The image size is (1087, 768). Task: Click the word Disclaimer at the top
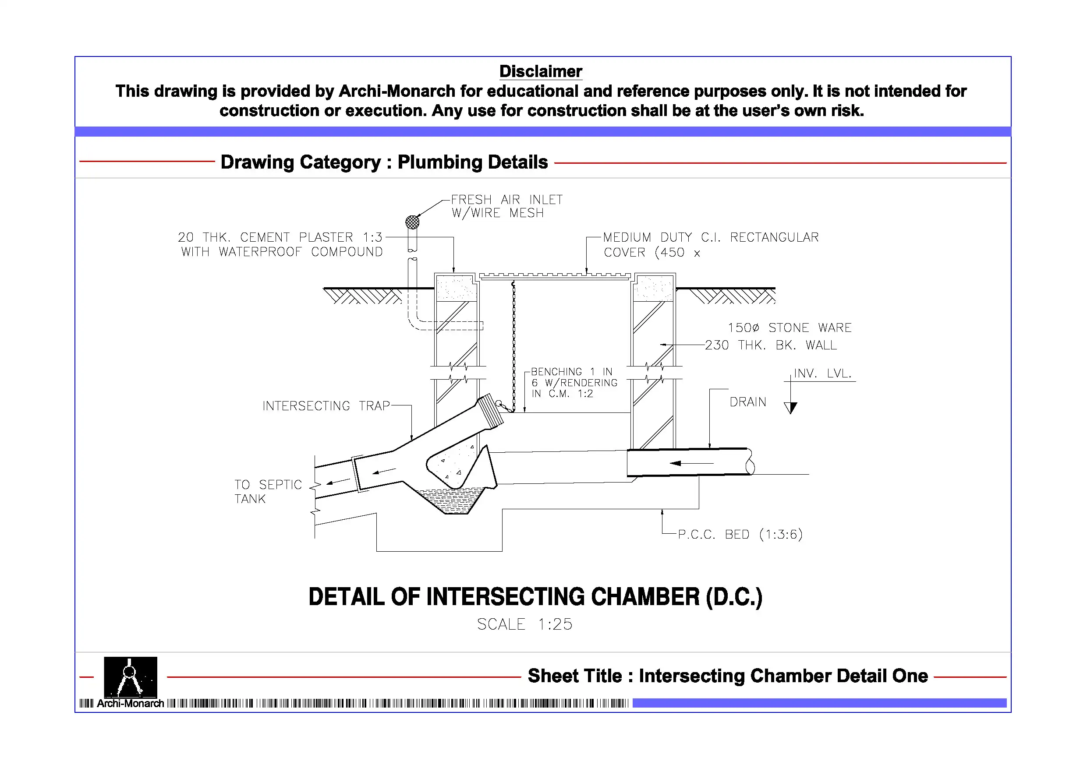(x=541, y=71)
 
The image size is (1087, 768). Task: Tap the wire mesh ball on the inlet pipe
(x=412, y=222)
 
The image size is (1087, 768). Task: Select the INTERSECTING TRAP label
(x=326, y=406)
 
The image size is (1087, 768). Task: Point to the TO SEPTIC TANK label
(x=268, y=492)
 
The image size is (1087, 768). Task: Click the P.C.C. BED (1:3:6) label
(x=740, y=534)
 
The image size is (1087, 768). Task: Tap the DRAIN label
(x=748, y=402)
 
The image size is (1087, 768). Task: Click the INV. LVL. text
(x=823, y=373)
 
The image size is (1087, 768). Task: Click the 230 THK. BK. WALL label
(x=771, y=345)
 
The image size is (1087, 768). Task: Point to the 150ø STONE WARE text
(x=790, y=328)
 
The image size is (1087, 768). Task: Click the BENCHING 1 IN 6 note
(x=574, y=383)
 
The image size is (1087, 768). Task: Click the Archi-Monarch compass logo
(x=131, y=677)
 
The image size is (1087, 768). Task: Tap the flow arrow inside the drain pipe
(x=692, y=463)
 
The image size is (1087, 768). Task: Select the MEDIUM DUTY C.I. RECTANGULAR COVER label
(x=711, y=245)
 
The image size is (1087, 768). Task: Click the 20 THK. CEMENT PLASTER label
(x=280, y=244)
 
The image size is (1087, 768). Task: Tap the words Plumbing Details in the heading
(x=472, y=162)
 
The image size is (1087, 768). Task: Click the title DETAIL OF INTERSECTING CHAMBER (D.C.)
(x=535, y=597)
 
